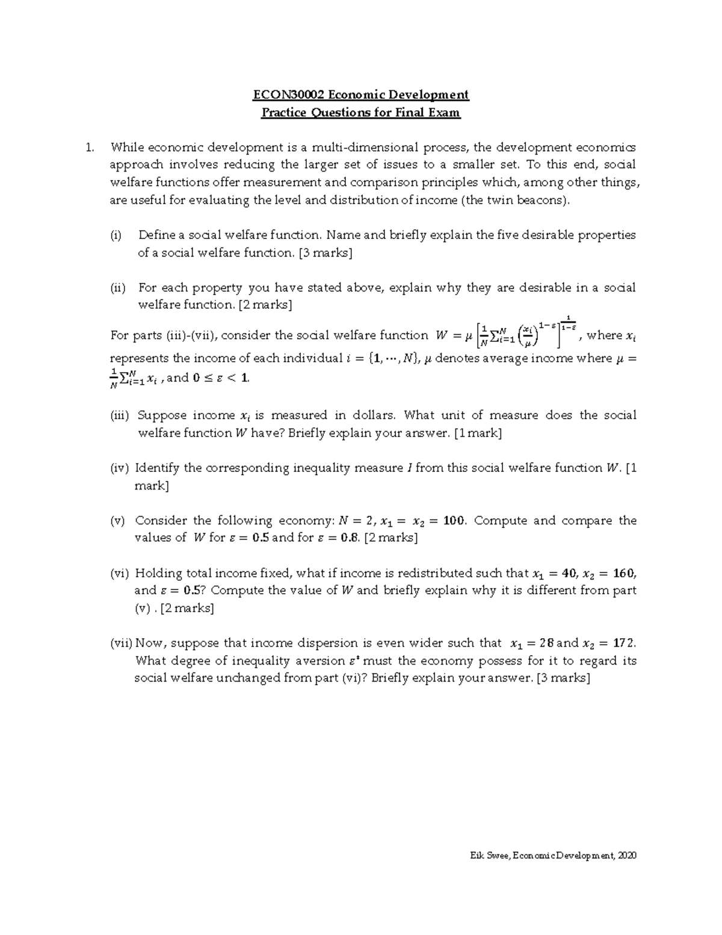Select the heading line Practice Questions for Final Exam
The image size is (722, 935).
click(360, 113)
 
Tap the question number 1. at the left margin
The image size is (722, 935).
click(90, 148)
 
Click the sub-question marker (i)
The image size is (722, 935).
click(116, 235)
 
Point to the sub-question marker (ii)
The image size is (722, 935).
click(117, 288)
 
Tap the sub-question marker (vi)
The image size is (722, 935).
click(119, 574)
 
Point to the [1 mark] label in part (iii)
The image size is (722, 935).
click(478, 433)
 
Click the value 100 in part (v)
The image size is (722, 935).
click(454, 521)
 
